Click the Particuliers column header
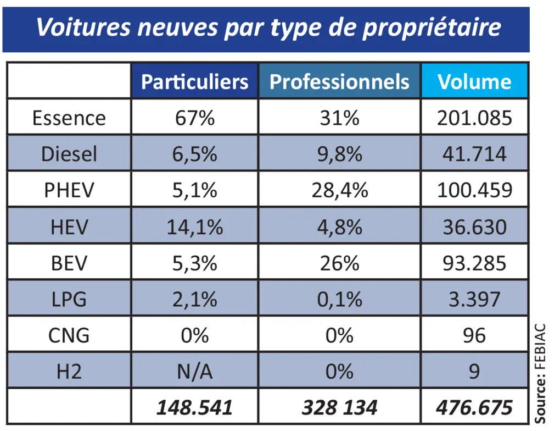(x=194, y=82)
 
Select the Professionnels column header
(x=339, y=82)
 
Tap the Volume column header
(x=474, y=82)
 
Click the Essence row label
(x=69, y=118)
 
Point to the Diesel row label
(x=69, y=154)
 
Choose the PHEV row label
(x=69, y=190)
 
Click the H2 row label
(x=69, y=372)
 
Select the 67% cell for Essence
(x=194, y=118)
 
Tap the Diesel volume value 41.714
(x=474, y=154)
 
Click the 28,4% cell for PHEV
(x=339, y=190)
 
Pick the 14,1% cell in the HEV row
(x=194, y=226)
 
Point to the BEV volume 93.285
(x=474, y=263)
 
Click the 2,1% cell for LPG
(x=194, y=299)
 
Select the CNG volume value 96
(x=474, y=335)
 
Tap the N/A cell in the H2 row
(x=194, y=372)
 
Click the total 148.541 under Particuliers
(x=194, y=407)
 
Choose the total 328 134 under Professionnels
(x=339, y=407)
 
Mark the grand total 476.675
(x=474, y=407)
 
